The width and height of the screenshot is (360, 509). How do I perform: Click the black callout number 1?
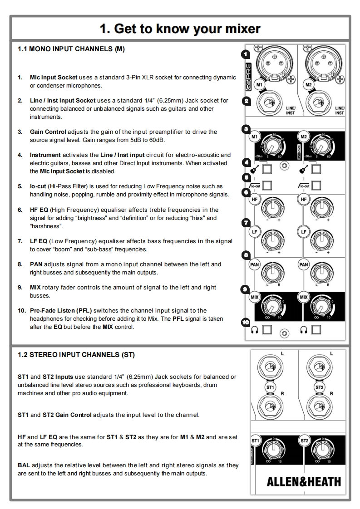[x=246, y=54]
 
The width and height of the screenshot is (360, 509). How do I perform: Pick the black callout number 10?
[x=246, y=322]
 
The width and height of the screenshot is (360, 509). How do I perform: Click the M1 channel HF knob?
[x=272, y=207]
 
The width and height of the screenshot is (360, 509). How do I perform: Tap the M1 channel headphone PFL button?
[x=267, y=329]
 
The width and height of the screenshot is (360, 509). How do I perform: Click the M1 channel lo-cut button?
[x=267, y=186]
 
